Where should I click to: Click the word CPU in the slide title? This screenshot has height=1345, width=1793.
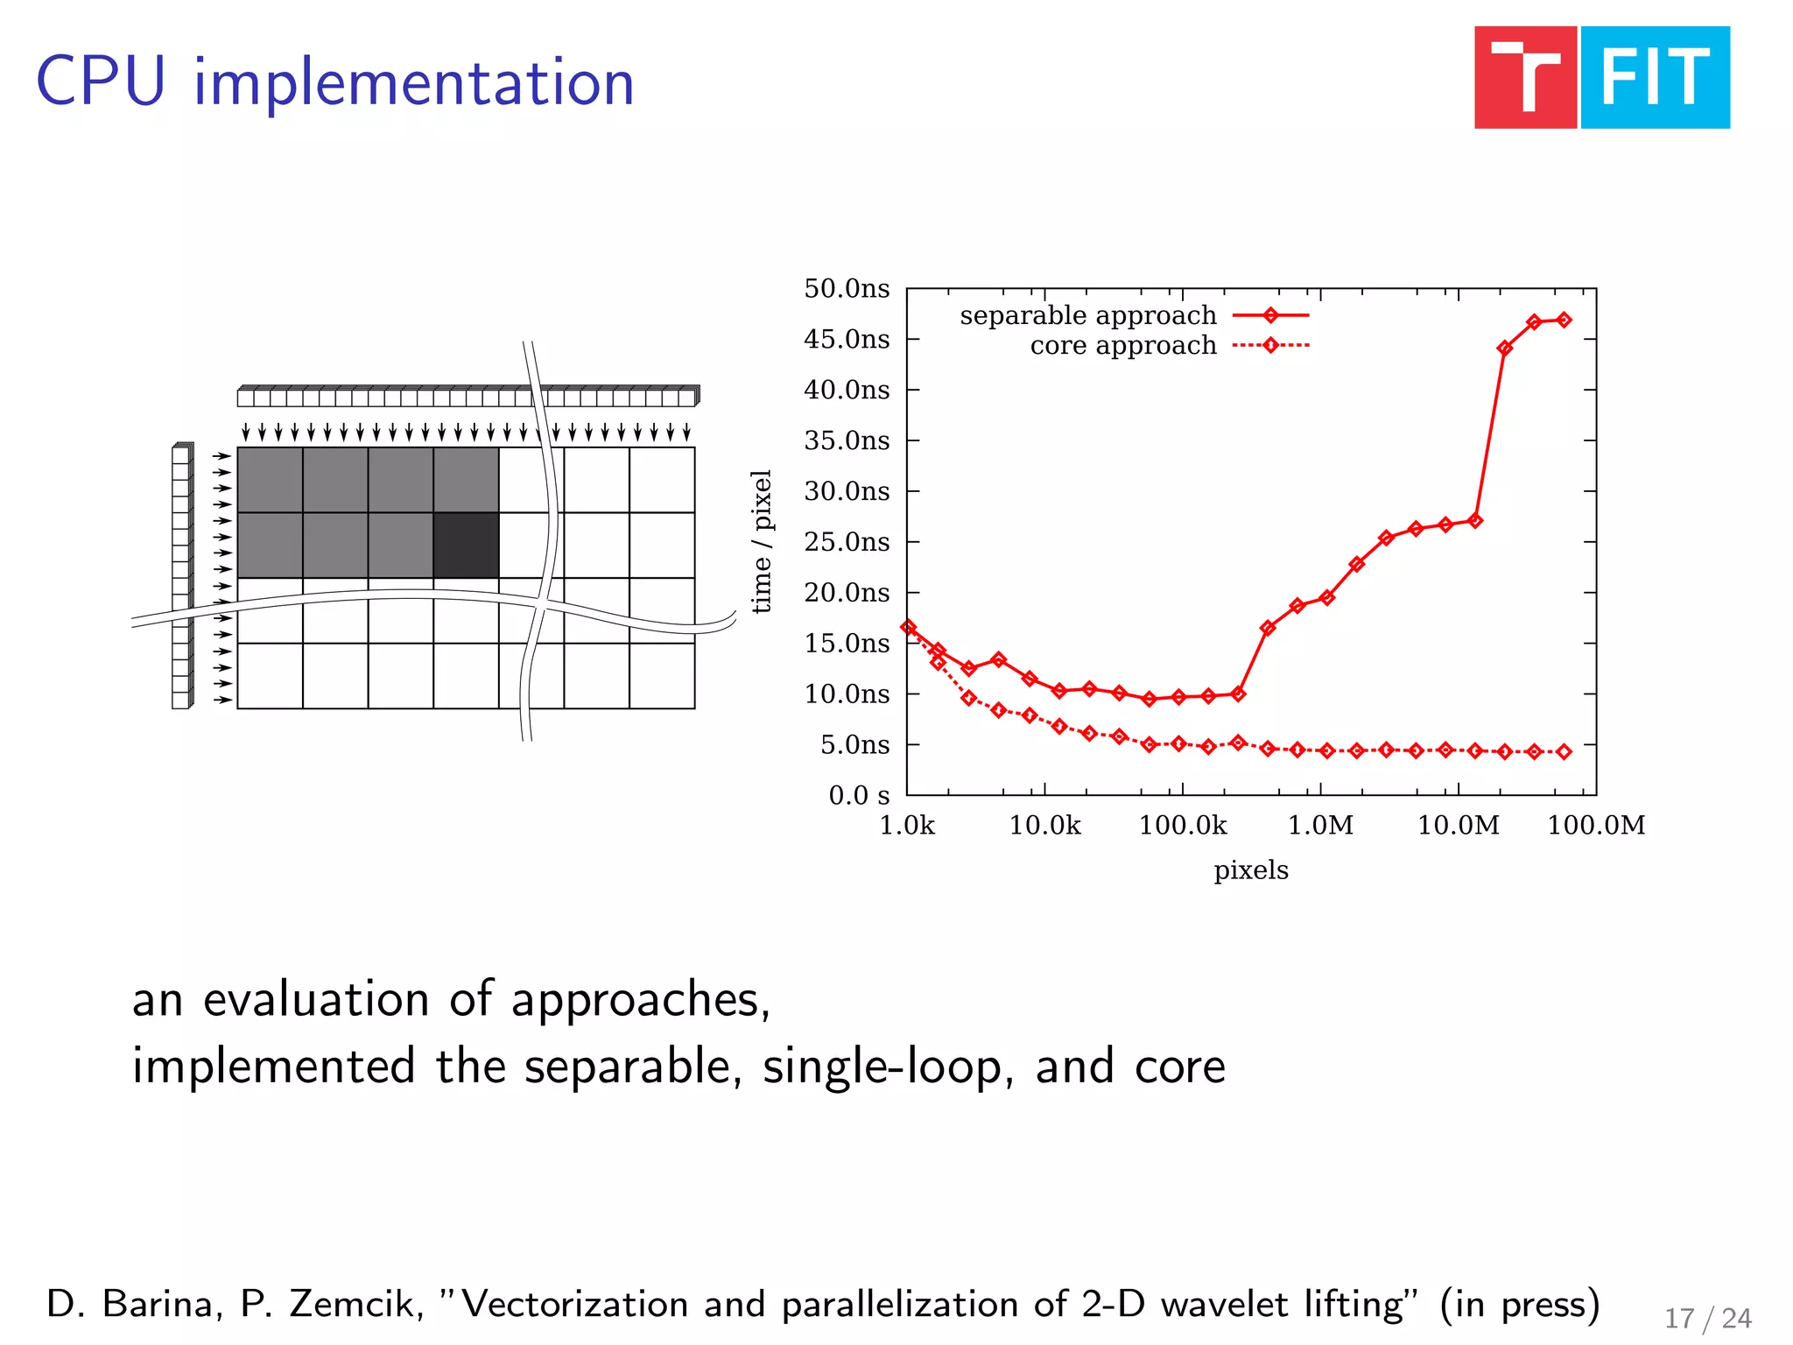101,82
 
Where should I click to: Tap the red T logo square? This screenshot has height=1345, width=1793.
1525,78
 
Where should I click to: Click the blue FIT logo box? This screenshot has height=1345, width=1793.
1655,78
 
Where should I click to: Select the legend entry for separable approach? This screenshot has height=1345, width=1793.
1088,315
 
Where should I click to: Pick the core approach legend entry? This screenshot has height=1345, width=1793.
1123,346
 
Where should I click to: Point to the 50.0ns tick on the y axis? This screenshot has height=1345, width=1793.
847,289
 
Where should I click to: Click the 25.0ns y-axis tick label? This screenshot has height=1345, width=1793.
847,542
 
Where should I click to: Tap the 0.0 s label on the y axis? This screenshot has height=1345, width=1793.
859,795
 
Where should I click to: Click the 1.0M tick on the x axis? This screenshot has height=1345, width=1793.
1320,825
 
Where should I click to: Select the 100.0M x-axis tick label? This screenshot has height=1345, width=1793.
1596,825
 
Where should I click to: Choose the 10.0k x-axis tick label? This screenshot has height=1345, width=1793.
1044,825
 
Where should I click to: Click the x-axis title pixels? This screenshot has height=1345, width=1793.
1250,870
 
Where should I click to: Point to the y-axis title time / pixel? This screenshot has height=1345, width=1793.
762,541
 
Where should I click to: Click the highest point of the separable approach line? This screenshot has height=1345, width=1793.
1564,320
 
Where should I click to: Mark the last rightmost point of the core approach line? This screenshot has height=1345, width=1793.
1564,751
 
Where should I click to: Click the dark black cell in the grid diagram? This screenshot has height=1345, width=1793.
466,546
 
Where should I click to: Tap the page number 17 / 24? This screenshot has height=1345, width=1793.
1707,1318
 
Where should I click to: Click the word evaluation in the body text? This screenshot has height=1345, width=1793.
318,999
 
